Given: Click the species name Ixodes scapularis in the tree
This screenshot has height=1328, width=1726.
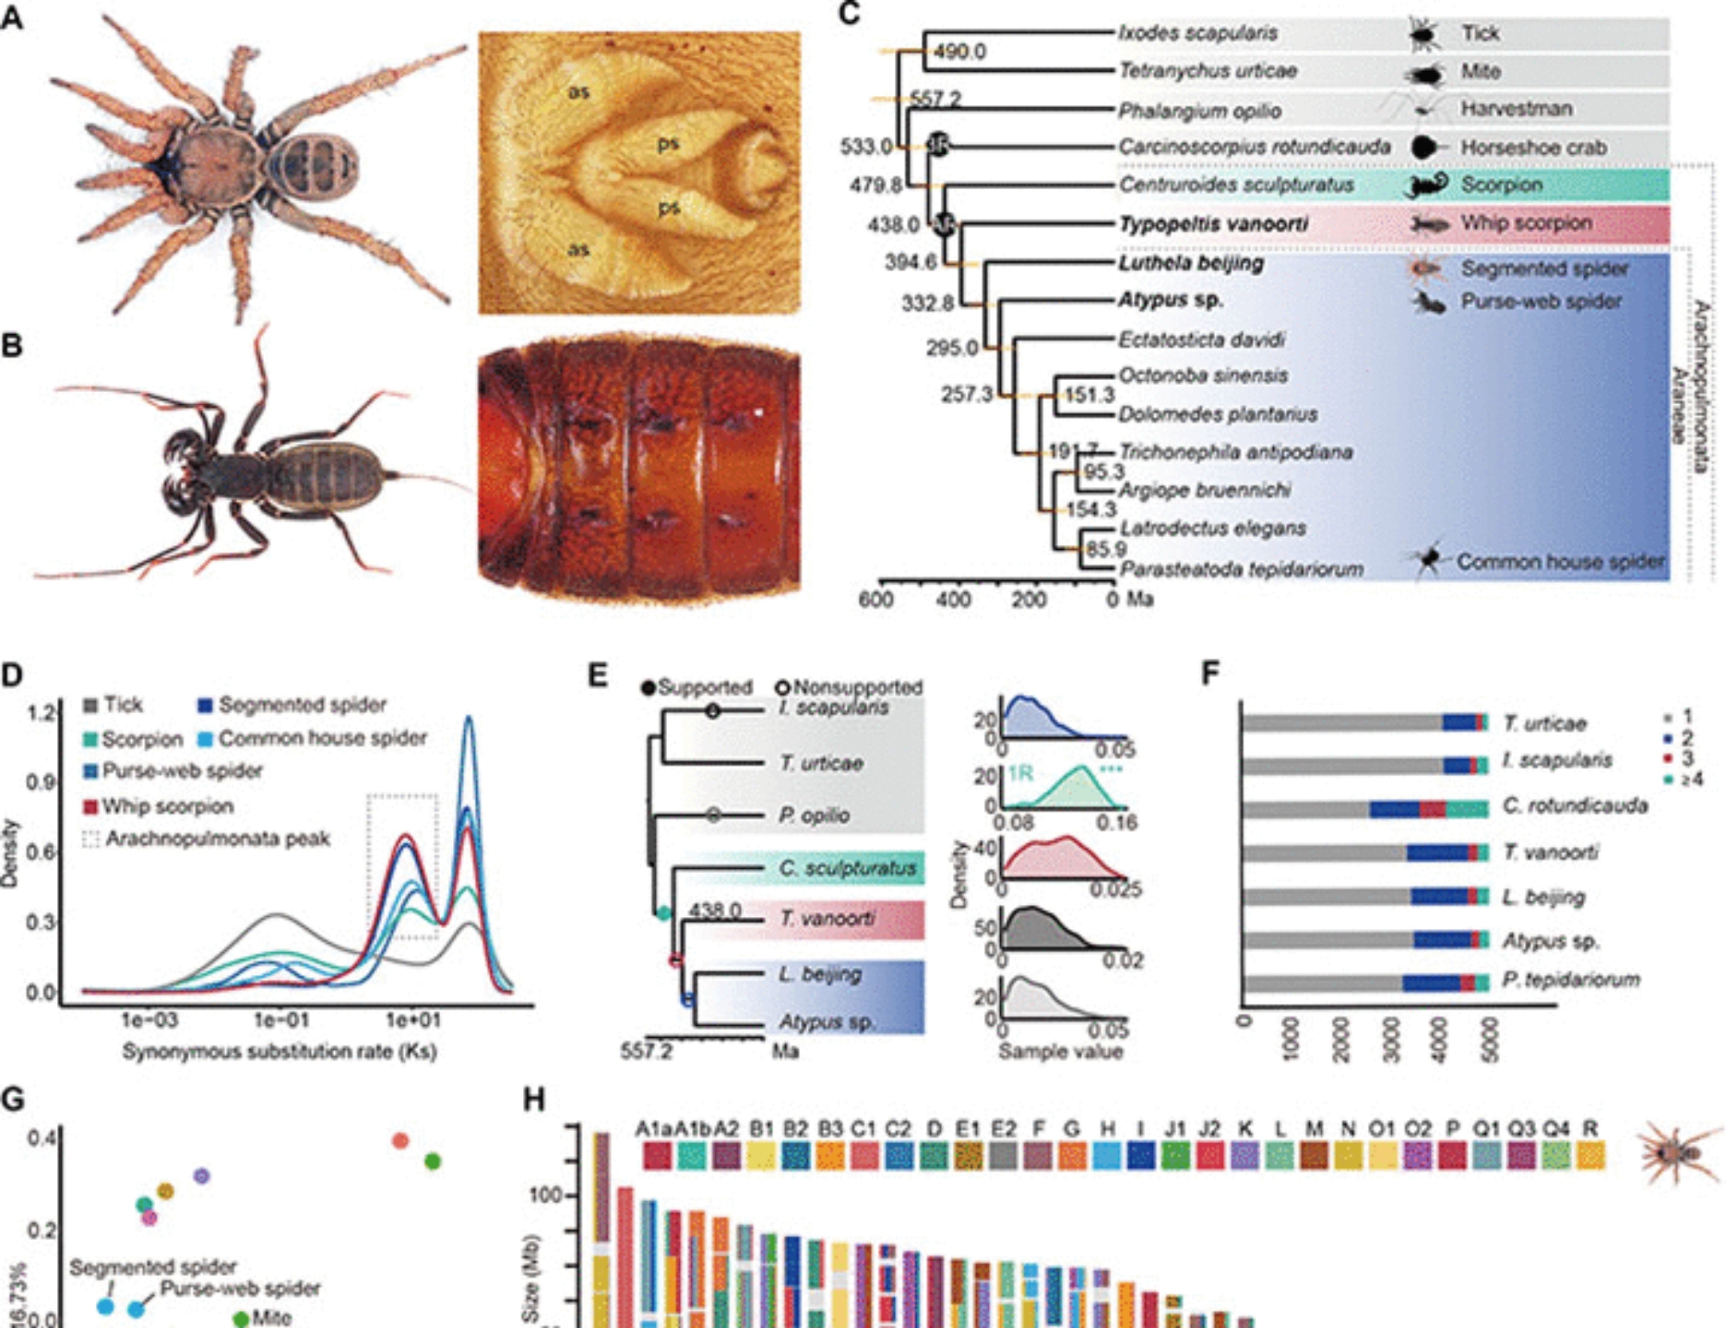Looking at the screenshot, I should [1197, 33].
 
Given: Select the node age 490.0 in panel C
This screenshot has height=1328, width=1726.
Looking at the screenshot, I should [959, 52].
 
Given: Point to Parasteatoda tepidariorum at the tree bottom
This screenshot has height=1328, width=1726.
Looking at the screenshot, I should [1241, 570].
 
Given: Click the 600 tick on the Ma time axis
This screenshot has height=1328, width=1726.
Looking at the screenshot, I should [876, 599].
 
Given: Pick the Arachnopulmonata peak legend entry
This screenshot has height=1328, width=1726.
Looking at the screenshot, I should [217, 839].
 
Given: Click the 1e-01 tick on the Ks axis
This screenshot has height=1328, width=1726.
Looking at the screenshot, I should [281, 1021].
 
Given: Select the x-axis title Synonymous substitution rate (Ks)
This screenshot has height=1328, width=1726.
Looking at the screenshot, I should [280, 1052].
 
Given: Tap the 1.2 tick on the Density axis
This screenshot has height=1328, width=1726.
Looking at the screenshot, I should [41, 713].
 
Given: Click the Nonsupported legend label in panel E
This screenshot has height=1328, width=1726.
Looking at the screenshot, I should [857, 688].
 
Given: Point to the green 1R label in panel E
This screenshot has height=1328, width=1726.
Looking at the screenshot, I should [1020, 773].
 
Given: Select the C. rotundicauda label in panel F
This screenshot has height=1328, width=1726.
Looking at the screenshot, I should [1574, 806].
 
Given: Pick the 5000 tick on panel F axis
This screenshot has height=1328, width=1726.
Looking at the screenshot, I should [1490, 1040].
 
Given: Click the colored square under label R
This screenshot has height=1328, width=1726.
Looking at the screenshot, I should [1591, 1155].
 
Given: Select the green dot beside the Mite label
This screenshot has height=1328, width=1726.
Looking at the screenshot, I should [241, 1319].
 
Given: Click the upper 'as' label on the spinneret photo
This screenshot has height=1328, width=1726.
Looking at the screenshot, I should [578, 92].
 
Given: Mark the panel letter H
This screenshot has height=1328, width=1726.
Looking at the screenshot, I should [535, 1100].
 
